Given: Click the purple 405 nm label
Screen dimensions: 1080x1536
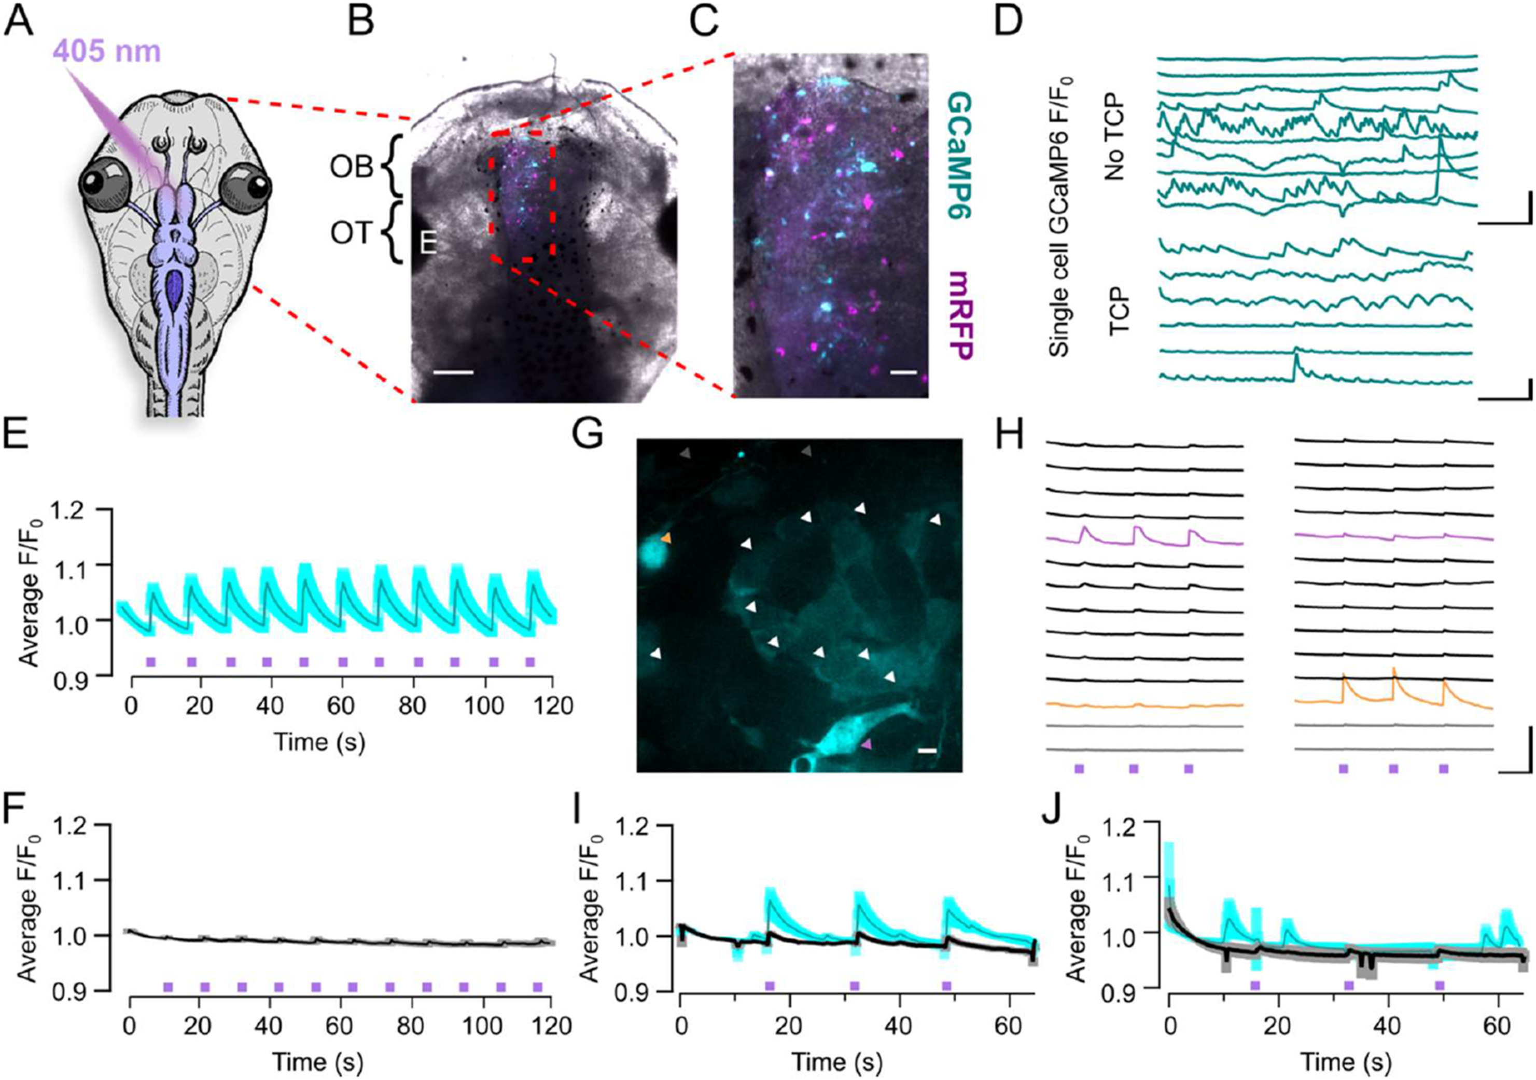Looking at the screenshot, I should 107,51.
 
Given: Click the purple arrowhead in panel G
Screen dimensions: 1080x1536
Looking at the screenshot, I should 867,743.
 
